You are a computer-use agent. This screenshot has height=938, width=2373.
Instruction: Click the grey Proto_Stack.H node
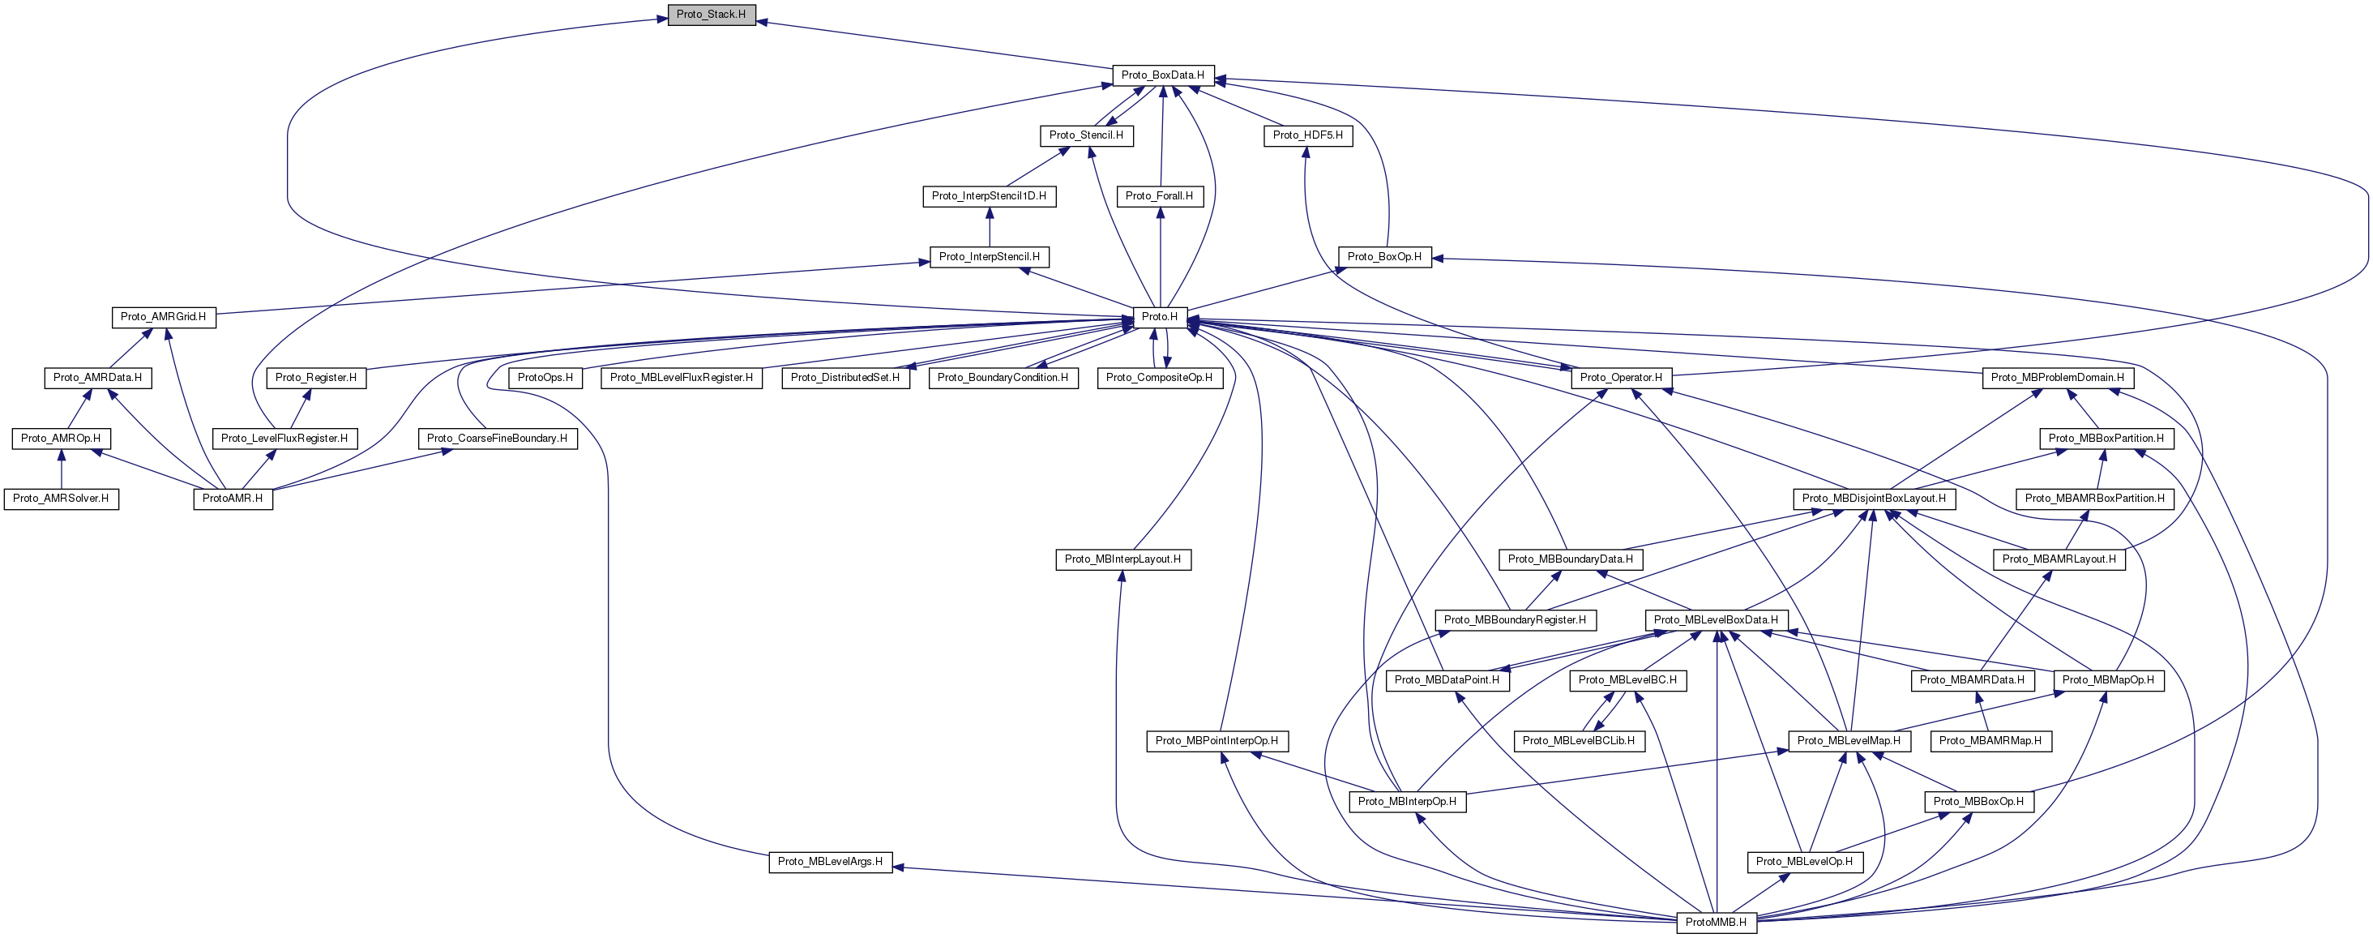click(711, 15)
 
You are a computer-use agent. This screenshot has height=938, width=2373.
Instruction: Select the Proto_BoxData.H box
click(1162, 75)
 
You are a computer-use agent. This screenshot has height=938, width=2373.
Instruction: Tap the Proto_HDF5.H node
click(1307, 135)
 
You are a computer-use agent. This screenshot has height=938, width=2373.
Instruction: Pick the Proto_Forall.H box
click(1159, 196)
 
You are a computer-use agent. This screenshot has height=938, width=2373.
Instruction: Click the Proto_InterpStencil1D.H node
click(989, 196)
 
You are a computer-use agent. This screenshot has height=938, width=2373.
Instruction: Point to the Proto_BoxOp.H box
click(1383, 256)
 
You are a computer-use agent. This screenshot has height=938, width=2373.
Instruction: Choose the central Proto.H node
click(1159, 317)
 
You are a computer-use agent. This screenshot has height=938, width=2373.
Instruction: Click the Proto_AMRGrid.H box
click(163, 317)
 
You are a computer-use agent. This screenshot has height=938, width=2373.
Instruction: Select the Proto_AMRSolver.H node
click(61, 499)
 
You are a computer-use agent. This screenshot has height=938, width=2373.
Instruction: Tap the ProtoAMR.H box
click(232, 499)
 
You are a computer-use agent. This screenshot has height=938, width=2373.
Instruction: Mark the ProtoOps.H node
click(545, 378)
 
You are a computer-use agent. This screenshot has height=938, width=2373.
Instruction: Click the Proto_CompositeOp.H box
click(1159, 378)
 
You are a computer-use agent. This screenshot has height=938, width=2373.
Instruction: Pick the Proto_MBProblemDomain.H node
click(2057, 378)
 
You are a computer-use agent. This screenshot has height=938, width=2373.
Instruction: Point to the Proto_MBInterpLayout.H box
click(1122, 559)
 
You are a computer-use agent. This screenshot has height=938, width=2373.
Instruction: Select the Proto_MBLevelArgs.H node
click(830, 862)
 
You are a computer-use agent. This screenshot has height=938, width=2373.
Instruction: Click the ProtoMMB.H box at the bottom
click(1715, 923)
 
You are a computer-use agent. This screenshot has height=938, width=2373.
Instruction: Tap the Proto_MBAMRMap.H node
click(1990, 741)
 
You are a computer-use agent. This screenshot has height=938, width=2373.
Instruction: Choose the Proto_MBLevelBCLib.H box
click(1579, 741)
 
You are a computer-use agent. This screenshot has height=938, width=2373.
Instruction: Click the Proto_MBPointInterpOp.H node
click(1216, 741)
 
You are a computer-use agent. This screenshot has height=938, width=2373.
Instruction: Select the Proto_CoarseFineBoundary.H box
click(497, 439)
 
